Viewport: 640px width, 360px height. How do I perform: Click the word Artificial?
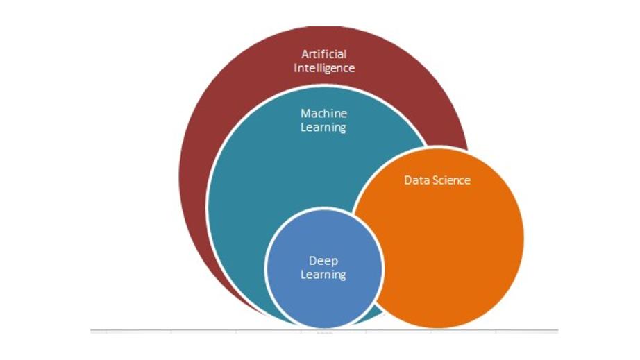point(323,53)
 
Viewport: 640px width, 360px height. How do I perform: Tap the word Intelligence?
point(323,68)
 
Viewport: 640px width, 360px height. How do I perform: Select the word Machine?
point(323,113)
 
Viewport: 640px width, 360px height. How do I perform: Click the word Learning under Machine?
point(323,128)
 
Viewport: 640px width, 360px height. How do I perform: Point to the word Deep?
point(323,260)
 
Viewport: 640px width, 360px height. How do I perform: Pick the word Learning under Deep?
point(323,275)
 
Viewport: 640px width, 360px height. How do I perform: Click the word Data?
point(416,180)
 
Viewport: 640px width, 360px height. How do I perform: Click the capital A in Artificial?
point(305,53)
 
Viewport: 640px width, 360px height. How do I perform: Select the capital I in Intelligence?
point(296,68)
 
